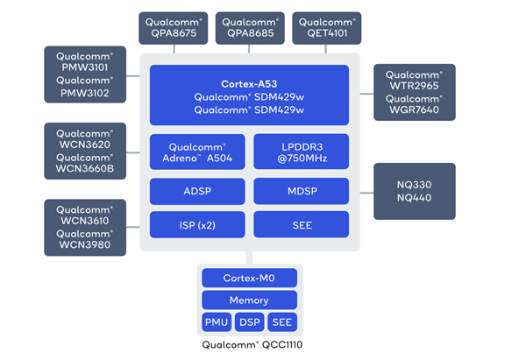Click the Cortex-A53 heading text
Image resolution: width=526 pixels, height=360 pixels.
point(251,83)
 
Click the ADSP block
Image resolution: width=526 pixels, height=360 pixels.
point(197,190)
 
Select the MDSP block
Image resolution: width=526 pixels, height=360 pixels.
point(302,190)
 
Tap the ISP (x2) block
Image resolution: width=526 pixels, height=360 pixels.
point(197,224)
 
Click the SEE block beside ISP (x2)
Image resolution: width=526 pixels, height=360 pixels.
point(302,224)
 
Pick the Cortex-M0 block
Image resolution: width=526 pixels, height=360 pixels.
point(250,278)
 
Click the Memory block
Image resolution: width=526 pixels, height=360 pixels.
point(250,300)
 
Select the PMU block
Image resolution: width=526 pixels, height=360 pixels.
point(217,321)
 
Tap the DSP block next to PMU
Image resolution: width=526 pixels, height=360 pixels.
point(250,321)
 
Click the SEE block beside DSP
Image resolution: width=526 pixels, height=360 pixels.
point(281,321)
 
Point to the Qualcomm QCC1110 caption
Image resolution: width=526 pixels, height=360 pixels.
point(250,345)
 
